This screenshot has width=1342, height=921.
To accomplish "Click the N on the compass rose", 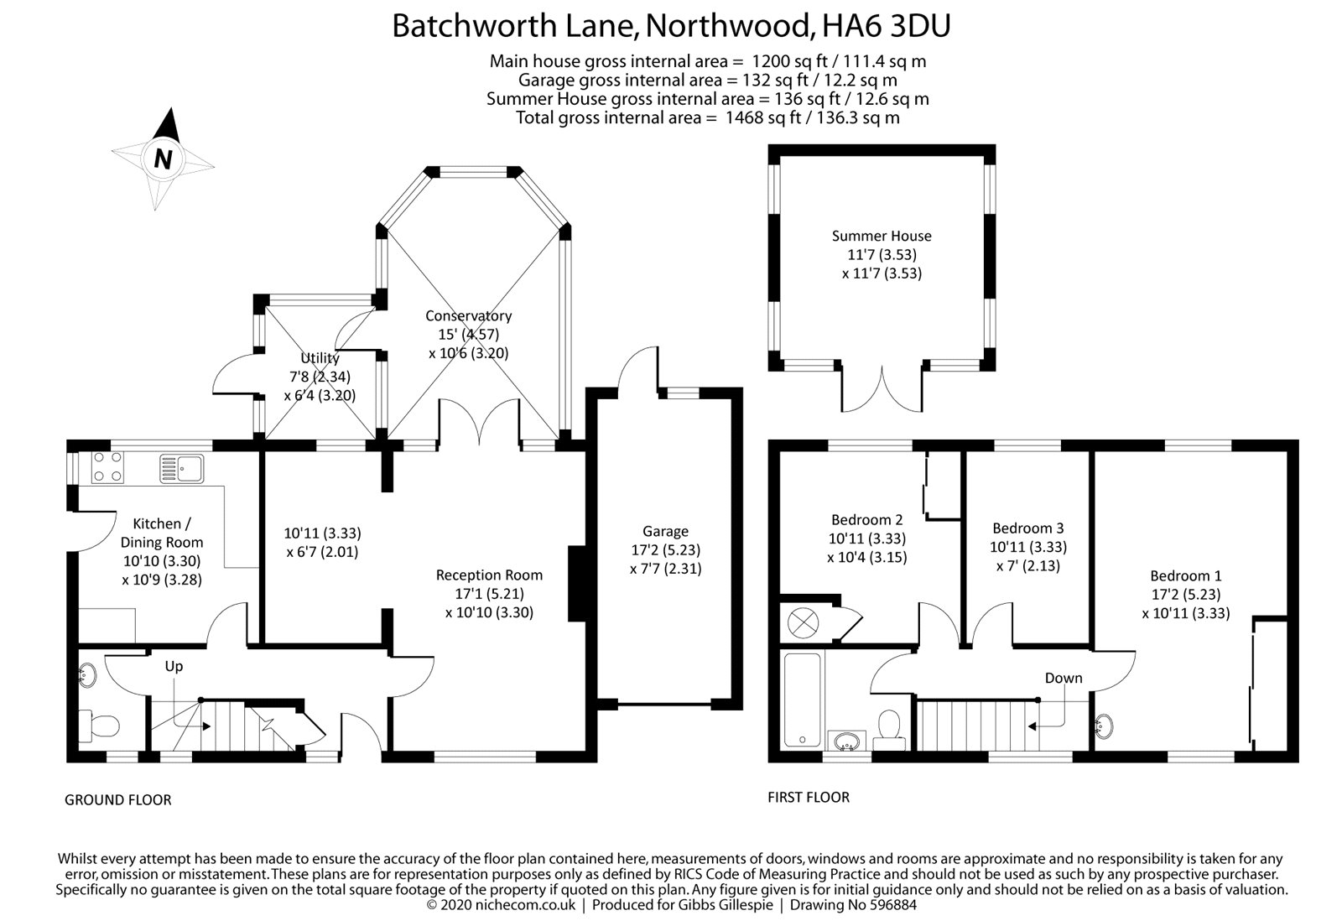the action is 163,159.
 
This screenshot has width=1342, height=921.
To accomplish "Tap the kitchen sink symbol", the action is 182,468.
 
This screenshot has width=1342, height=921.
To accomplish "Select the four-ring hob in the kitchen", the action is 107,468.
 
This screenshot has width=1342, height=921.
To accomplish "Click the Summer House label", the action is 881,236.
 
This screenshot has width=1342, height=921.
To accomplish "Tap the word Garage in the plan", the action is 665,531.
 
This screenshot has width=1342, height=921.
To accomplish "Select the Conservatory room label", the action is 468,316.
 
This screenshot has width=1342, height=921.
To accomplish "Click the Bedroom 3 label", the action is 1027,528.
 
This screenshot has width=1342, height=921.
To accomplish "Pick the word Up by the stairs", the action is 174,666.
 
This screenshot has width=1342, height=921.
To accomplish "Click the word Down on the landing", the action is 1063,678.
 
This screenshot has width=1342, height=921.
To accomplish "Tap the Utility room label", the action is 320,358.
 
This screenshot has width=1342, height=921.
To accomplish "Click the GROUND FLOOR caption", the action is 118,800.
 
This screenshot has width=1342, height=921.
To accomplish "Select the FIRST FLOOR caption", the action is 809,797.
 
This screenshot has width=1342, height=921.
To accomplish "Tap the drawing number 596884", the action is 889,905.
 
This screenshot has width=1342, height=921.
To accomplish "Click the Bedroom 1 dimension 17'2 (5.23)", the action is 1185,595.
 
